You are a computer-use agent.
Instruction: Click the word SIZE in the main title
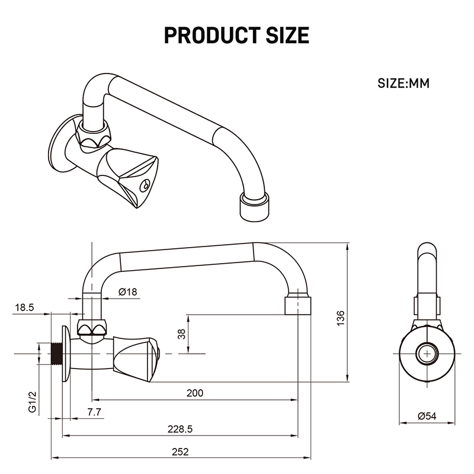pyautogui.click(x=287, y=36)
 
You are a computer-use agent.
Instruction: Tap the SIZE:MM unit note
pyautogui.click(x=403, y=83)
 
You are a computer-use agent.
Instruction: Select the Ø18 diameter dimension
pyautogui.click(x=127, y=292)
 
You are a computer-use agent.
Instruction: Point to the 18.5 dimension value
pyautogui.click(x=24, y=308)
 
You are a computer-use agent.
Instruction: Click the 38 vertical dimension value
pyautogui.click(x=181, y=334)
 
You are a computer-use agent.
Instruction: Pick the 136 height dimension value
pyautogui.click(x=341, y=318)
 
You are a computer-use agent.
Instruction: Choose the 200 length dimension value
pyautogui.click(x=195, y=393)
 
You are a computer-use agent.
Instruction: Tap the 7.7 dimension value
pyautogui.click(x=94, y=412)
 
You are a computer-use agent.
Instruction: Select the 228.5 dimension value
pyautogui.click(x=180, y=429)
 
